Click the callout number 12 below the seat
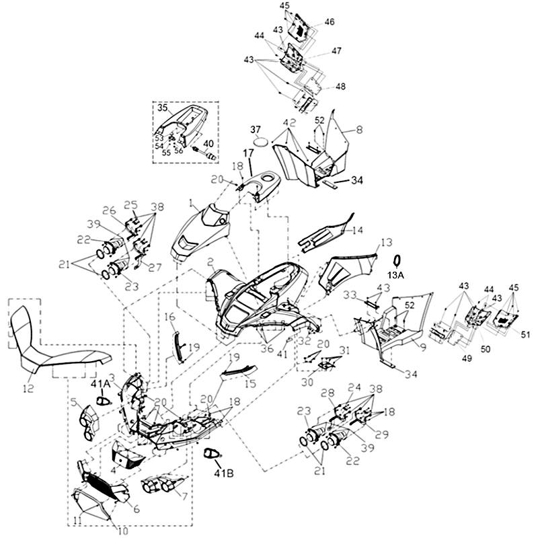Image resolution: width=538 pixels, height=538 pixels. click(28, 389)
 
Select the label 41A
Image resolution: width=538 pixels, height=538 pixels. click(100, 384)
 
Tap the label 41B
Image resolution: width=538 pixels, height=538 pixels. click(224, 473)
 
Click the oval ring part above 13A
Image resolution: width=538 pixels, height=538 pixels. click(397, 261)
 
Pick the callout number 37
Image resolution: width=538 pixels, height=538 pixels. click(256, 129)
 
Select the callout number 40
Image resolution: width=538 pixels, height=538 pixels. click(208, 143)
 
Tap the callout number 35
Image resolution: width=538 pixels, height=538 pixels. click(163, 108)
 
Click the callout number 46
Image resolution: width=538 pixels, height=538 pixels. click(329, 22)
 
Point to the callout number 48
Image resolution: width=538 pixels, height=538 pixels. click(340, 86)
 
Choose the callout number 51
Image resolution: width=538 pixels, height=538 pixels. click(525, 334)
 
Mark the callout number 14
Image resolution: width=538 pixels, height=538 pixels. click(357, 229)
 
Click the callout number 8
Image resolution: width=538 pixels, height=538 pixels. click(359, 130)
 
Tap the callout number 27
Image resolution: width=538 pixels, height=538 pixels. click(155, 267)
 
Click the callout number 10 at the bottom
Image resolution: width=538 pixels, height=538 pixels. click(122, 531)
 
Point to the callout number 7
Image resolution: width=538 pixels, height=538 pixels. click(184, 496)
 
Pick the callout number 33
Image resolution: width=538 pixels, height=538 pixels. click(350, 295)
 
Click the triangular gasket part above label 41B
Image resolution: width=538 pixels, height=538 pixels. click(211, 453)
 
